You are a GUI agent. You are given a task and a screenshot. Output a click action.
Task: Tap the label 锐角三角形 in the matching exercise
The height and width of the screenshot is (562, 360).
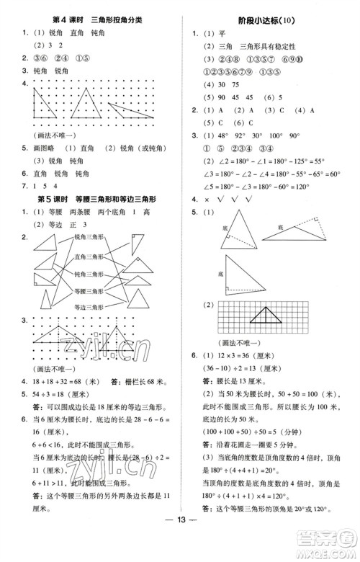coord(89,236)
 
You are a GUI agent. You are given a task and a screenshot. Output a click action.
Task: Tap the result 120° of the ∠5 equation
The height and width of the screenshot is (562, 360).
coord(337,186)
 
